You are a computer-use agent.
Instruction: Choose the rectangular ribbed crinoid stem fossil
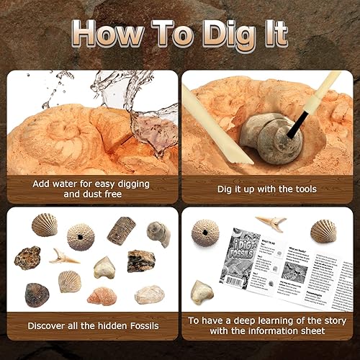point(120,230)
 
